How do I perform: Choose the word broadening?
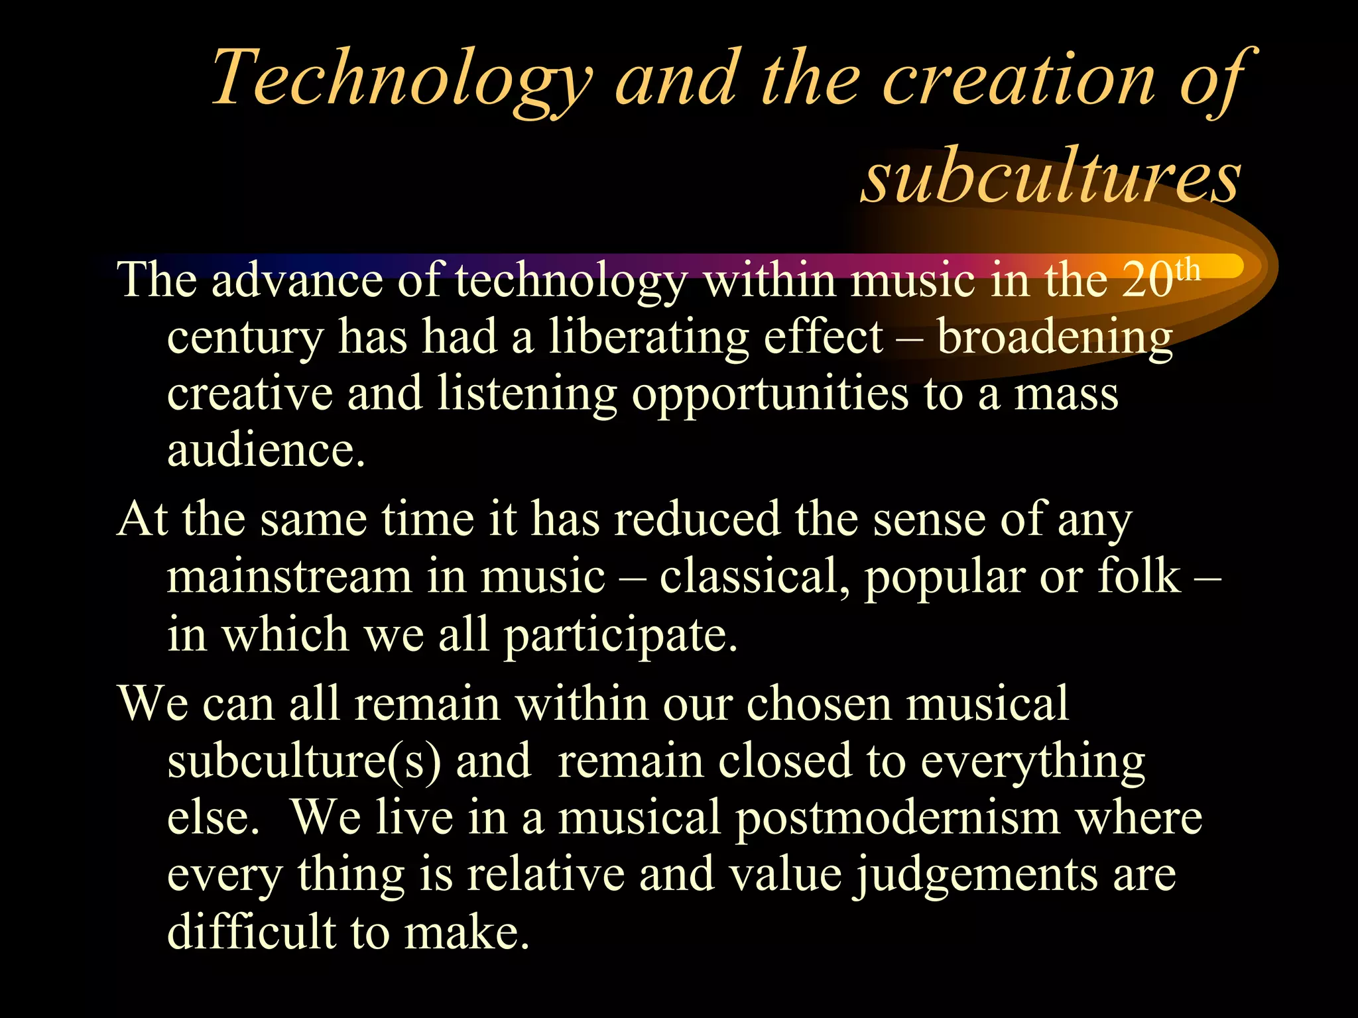[x=1055, y=338]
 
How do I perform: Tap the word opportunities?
[x=770, y=395]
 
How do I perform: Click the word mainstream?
[x=289, y=577]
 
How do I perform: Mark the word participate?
[x=621, y=635]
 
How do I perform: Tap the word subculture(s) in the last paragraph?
[x=304, y=761]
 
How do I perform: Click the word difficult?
[x=251, y=932]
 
